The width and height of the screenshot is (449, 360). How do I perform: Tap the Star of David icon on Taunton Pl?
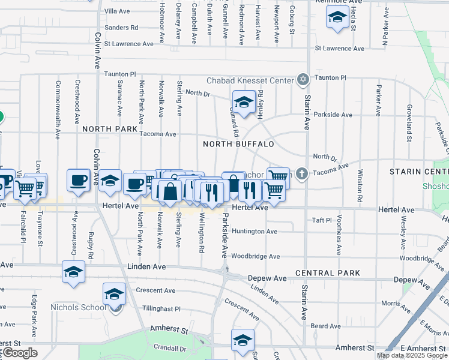[303, 80]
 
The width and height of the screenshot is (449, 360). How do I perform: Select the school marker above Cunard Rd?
[244, 103]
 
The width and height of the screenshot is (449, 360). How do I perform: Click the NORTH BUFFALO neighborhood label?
[238, 144]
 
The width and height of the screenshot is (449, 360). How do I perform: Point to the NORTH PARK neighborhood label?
[110, 129]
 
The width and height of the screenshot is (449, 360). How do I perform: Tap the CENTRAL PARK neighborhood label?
[328, 273]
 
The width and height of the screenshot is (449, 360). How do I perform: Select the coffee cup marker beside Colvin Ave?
[79, 180]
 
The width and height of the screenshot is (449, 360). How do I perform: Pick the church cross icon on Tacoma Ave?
[301, 174]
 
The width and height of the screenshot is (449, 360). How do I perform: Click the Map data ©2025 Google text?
[412, 355]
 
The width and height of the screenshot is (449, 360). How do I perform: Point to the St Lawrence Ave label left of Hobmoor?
[128, 44]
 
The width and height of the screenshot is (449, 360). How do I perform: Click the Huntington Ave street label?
[255, 231]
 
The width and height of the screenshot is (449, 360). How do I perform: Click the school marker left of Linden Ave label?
[73, 272]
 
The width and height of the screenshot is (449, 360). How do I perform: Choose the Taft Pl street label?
[322, 220]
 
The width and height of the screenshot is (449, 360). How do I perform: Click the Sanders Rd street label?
[121, 28]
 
